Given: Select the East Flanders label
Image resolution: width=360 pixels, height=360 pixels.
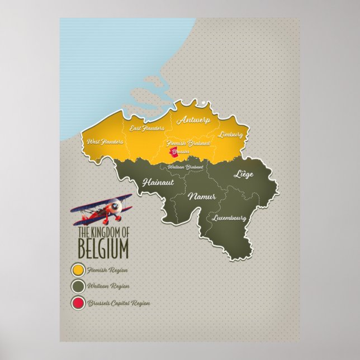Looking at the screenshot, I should pyautogui.click(x=147, y=129).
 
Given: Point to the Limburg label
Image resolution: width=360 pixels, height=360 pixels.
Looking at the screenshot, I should pyautogui.click(x=231, y=135).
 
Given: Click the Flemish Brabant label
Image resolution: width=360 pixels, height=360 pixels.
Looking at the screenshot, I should pyautogui.click(x=188, y=144).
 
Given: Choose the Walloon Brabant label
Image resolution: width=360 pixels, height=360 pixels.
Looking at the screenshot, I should pyautogui.click(x=187, y=166).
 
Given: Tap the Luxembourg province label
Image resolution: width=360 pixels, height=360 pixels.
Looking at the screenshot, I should pyautogui.click(x=230, y=217).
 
